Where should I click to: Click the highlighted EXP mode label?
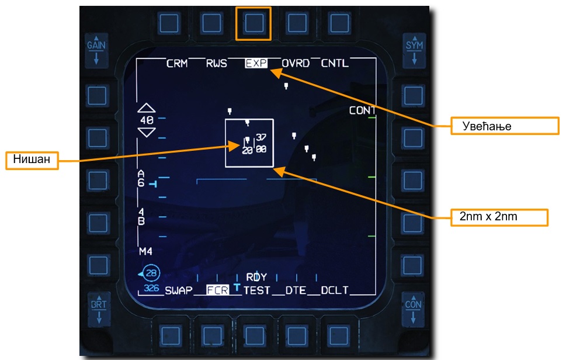coord(255,63)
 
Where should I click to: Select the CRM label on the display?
coord(177,63)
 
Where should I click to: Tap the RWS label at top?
coord(216,63)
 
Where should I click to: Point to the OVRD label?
coord(296,63)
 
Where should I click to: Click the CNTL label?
coord(335,63)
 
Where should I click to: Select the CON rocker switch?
coord(414,310)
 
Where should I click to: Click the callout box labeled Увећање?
coord(505,126)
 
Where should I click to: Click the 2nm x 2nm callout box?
coord(500,216)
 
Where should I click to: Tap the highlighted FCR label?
coord(217,290)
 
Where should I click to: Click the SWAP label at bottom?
coord(179,290)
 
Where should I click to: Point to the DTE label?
coord(296,290)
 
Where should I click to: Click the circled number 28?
coord(151,273)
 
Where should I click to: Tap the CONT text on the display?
coord(362,110)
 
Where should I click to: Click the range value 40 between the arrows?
coord(147,120)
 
